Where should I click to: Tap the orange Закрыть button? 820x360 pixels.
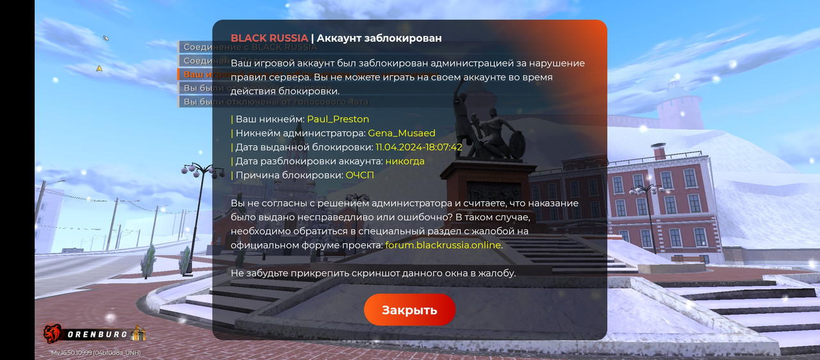pos(409,310)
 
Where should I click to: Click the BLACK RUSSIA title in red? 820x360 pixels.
pos(269,38)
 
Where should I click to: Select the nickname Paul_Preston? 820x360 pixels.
pos(338,119)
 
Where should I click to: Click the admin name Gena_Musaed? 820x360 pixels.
pos(401,133)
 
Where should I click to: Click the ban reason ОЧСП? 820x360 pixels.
pos(359,176)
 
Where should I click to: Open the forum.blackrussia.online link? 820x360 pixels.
pos(443,245)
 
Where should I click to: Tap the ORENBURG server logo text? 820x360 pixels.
pos(97,334)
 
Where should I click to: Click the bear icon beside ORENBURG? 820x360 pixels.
pos(53,333)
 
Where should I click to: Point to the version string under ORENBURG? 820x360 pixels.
pos(96,353)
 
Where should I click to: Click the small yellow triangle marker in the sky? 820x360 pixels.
pos(99,68)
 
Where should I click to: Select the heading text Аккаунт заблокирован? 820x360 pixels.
pos(379,38)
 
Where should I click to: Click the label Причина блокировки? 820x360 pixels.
pos(289,176)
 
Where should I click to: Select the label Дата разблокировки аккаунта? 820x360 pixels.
pos(309,161)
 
